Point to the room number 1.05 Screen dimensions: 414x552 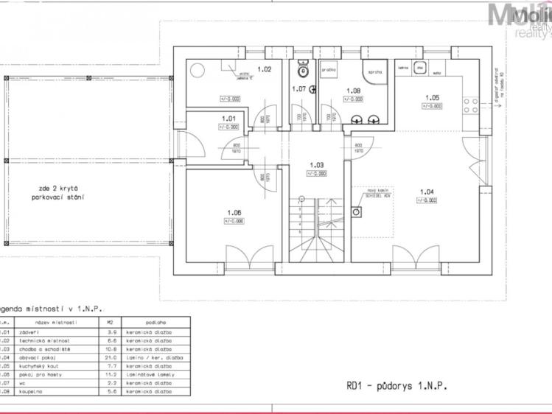tap(432, 97)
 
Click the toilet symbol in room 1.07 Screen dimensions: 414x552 tap(301, 71)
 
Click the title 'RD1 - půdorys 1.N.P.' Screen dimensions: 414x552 tap(396, 385)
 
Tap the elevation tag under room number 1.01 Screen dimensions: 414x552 tap(228, 127)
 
